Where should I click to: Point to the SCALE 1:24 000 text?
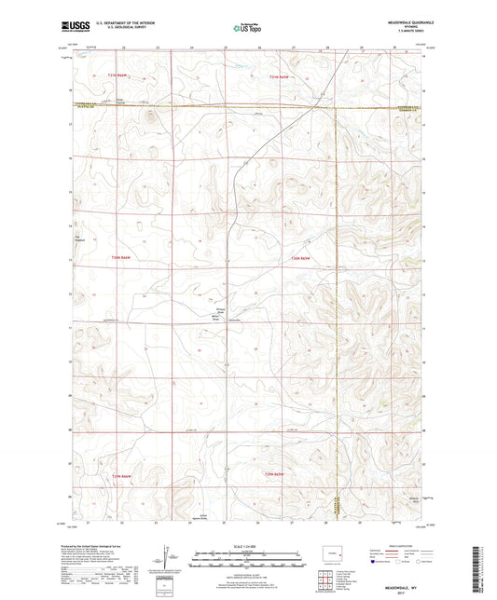click(247, 547)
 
